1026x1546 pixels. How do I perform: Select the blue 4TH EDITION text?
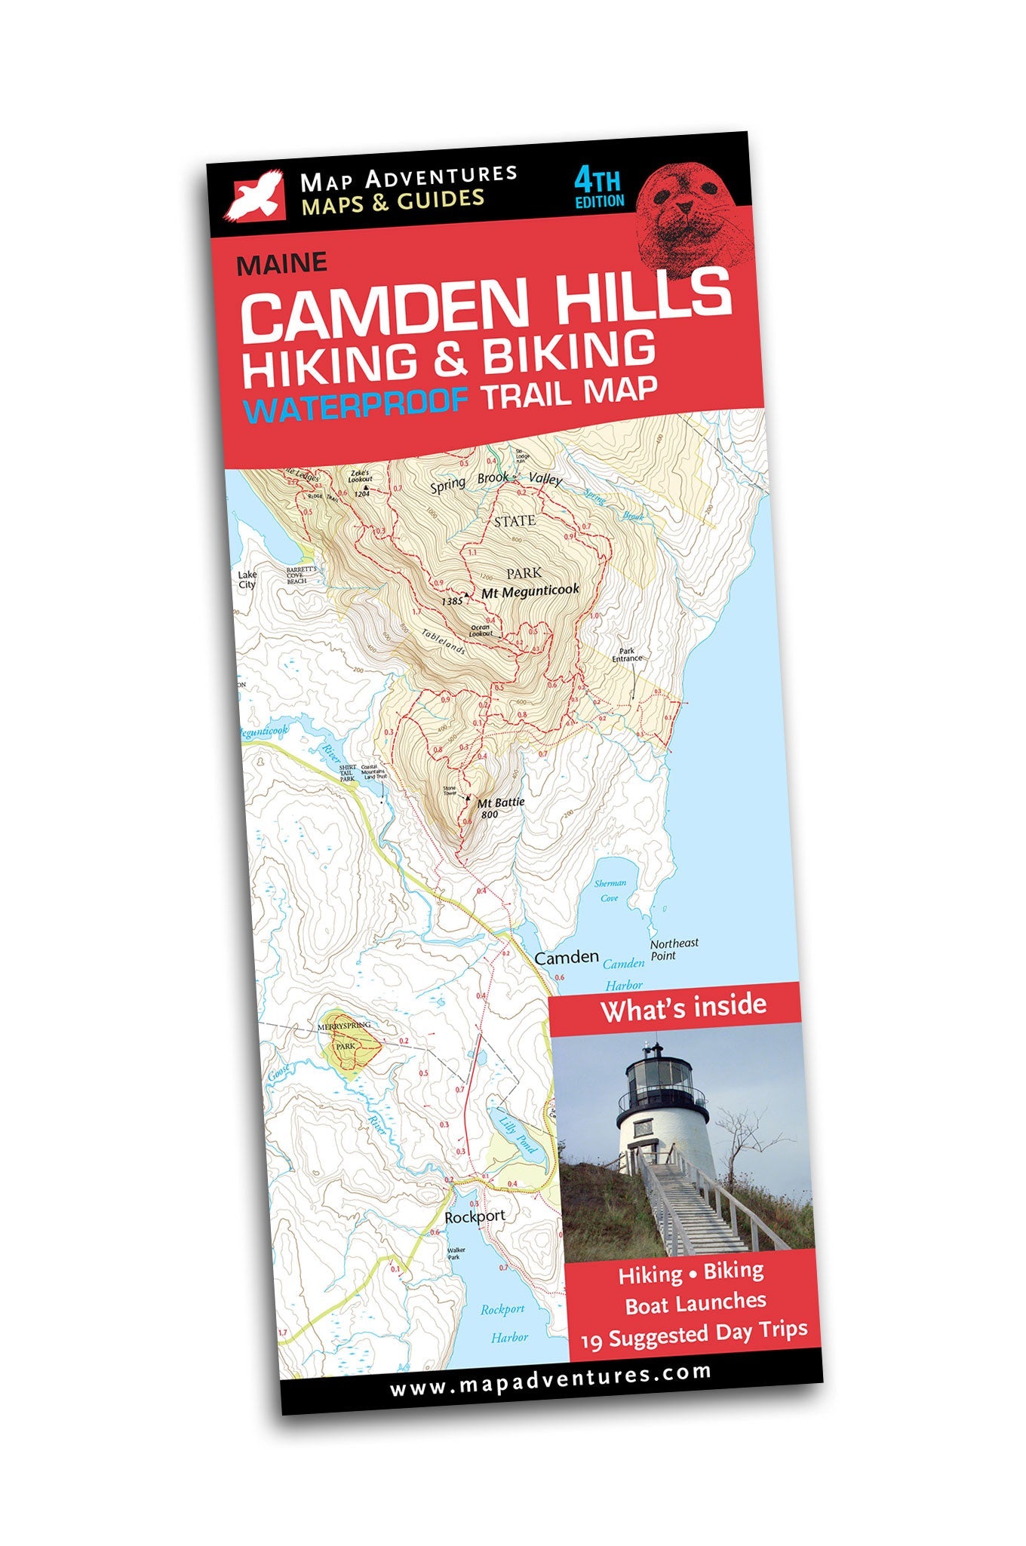[598, 189]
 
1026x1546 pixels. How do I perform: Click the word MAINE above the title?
[281, 263]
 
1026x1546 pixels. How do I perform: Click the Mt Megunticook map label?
[530, 590]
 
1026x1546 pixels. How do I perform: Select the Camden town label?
[566, 957]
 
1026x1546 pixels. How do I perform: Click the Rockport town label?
[475, 1216]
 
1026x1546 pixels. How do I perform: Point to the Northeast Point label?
[674, 949]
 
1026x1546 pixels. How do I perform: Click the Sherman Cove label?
[610, 890]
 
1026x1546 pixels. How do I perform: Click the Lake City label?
[247, 579]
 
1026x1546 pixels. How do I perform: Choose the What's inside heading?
[683, 1007]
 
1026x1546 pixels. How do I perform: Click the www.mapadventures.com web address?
[550, 1376]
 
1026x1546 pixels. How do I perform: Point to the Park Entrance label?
[626, 654]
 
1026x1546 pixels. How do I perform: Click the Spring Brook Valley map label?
[496, 480]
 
